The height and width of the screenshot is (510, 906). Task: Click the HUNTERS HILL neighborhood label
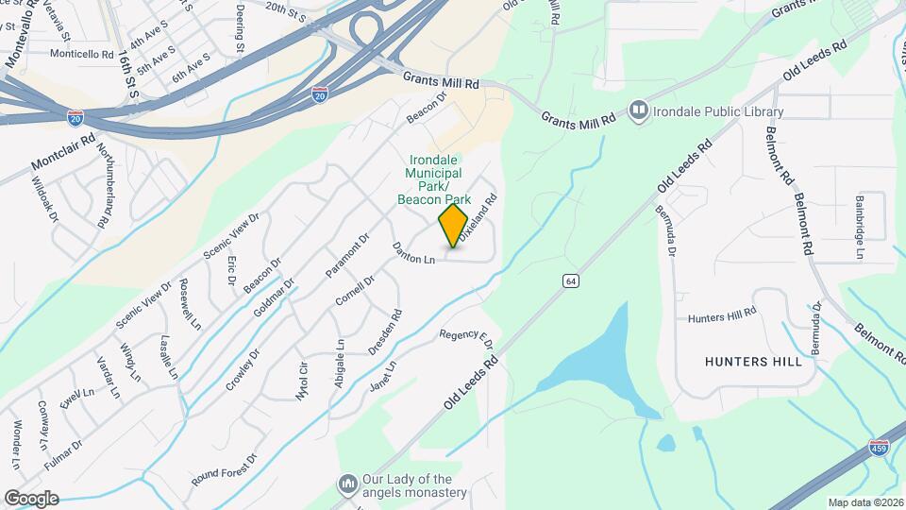point(753,362)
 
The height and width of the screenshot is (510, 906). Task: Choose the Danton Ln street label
point(414,253)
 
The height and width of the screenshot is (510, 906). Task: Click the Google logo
point(30,498)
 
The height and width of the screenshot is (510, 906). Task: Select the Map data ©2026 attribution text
point(865,502)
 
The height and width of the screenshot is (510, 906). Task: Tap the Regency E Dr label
point(466,336)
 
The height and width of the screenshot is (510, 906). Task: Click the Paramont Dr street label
point(345,255)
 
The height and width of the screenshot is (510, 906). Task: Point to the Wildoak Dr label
point(44,201)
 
